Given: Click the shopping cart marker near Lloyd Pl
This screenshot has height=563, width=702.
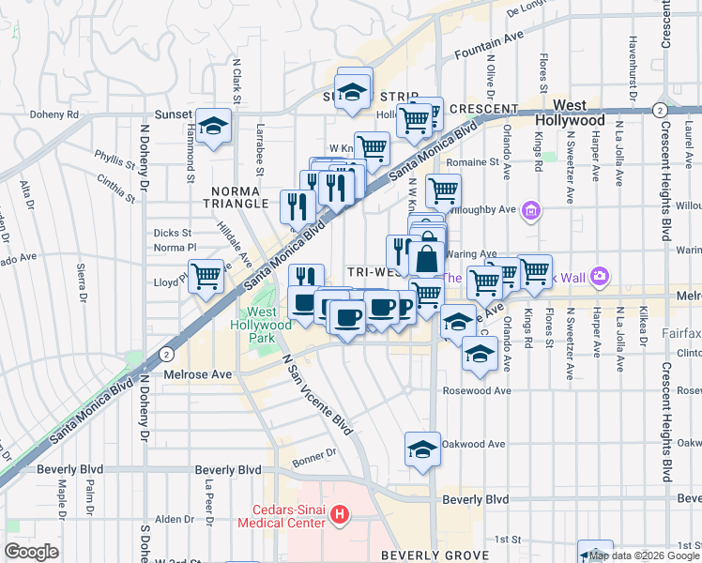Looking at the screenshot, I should pos(206,277).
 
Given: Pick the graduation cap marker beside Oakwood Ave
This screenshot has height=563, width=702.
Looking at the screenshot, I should pos(422,449).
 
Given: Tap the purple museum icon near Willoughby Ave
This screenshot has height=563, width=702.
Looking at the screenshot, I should pos(532,209).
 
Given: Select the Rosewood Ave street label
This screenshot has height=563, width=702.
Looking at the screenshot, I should pos(476,390).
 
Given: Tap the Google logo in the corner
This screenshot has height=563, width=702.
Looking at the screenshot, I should pos(31,551).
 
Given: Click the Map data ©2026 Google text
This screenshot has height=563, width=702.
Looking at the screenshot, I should pos(645,555).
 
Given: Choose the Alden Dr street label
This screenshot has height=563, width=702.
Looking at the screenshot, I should pos(174,519).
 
